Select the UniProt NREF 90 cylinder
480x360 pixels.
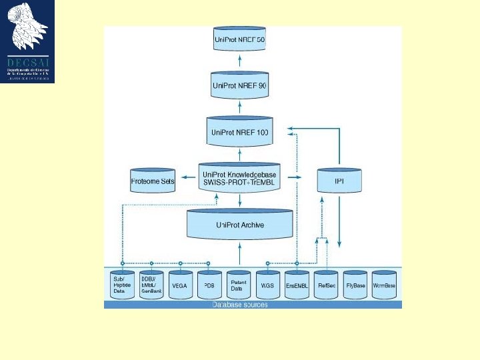[x=239, y=85]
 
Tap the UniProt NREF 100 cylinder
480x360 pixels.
[x=239, y=132]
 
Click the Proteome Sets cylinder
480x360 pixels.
[x=152, y=181]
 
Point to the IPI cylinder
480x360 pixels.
[x=339, y=180]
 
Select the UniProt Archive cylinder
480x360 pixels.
[x=240, y=225]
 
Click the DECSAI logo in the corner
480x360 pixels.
[x=27, y=41]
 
